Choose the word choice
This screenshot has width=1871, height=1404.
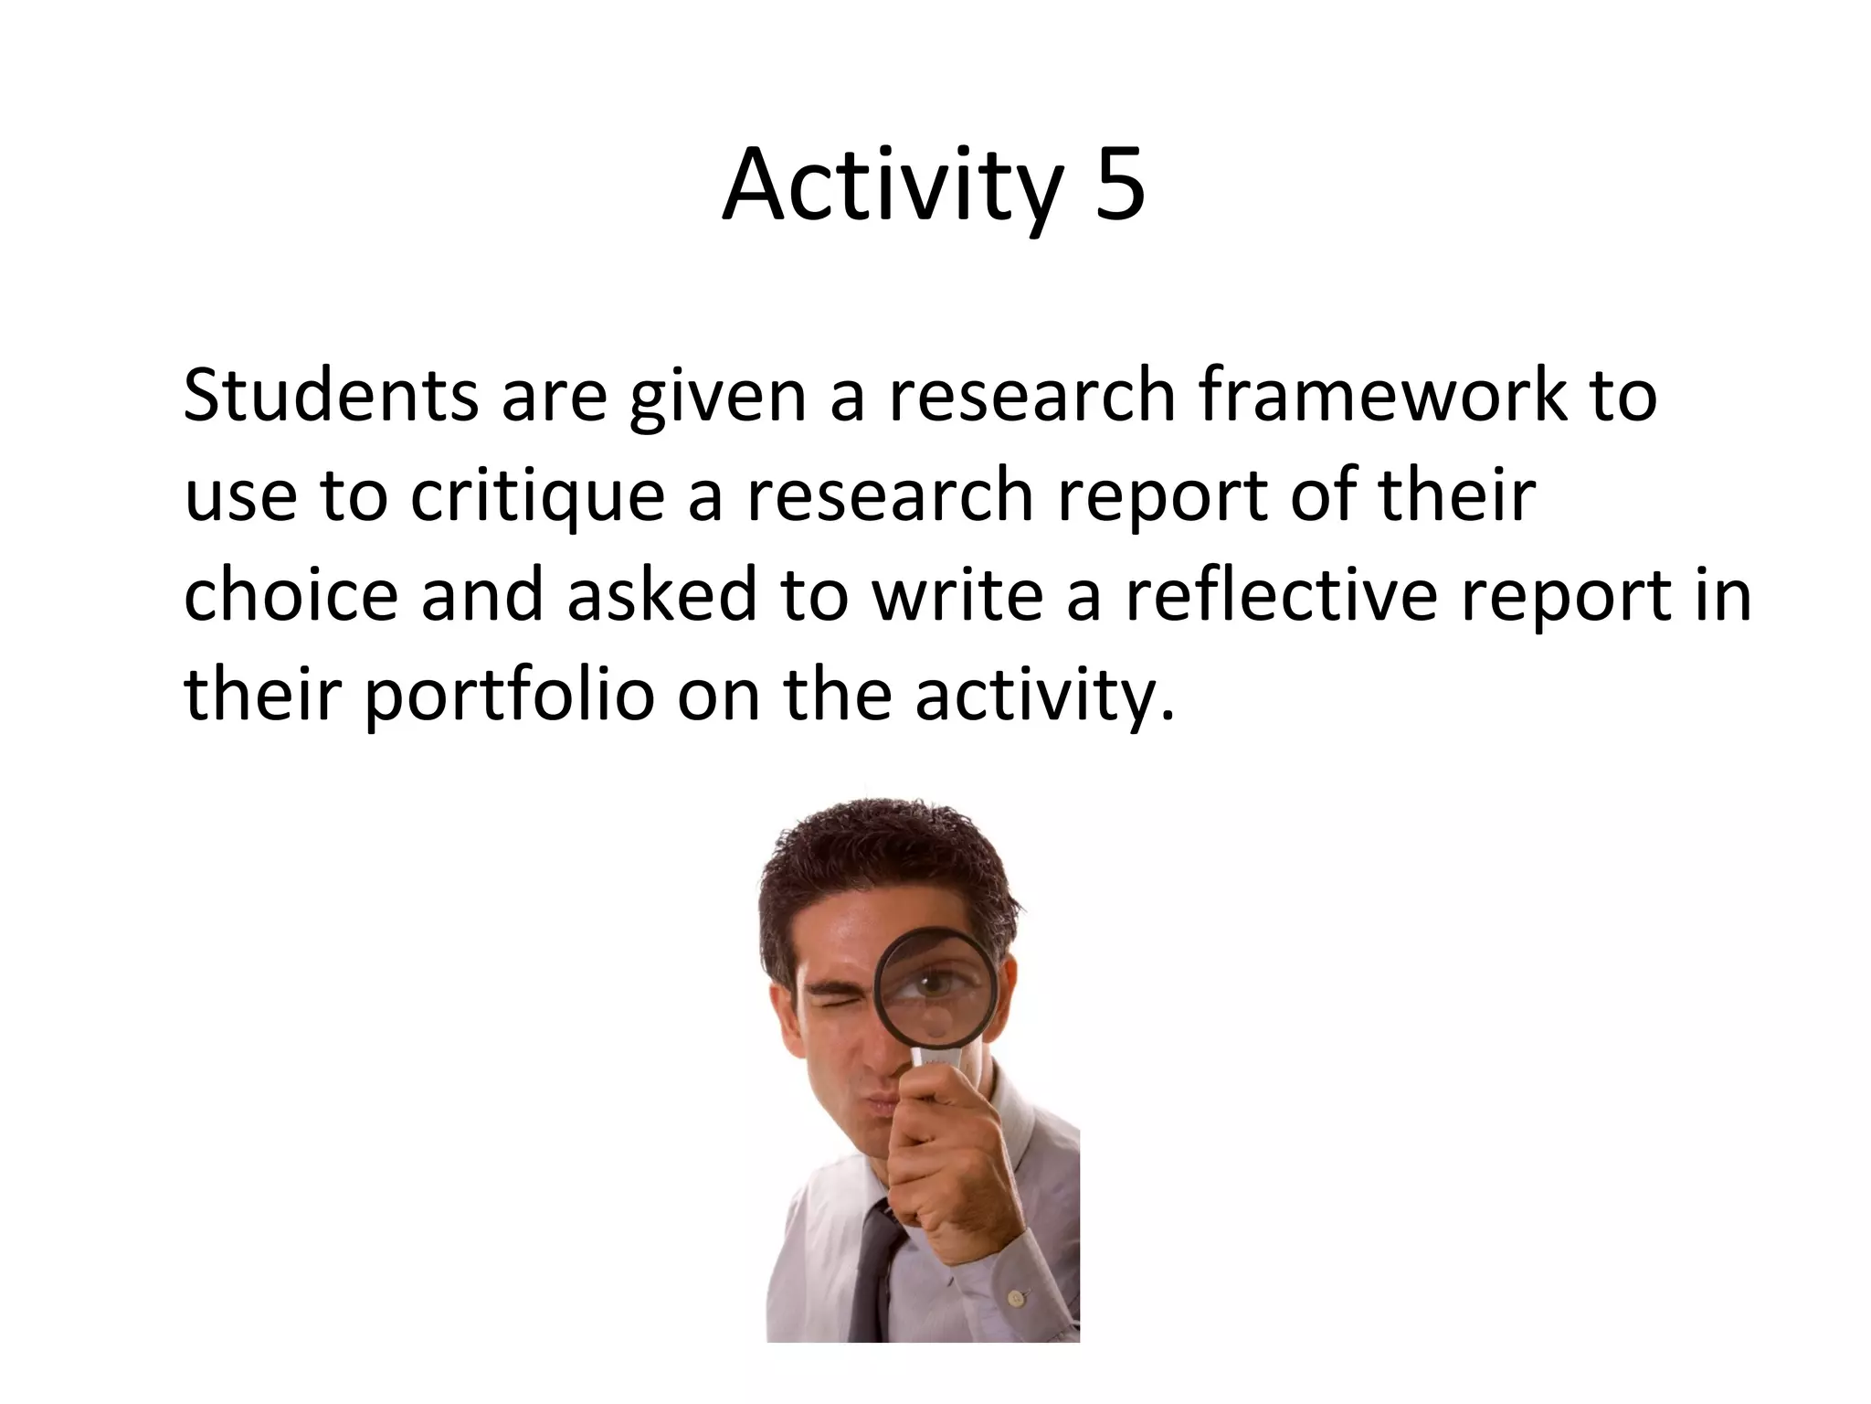click(291, 594)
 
